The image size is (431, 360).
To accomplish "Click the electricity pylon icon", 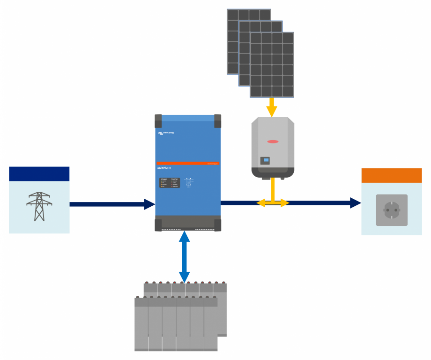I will click(39, 207).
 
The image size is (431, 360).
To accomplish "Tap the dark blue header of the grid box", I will click(39, 174).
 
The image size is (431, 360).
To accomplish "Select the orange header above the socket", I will click(391, 175).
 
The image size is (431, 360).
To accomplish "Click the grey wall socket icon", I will click(391, 210).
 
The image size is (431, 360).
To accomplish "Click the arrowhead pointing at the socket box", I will click(356, 203).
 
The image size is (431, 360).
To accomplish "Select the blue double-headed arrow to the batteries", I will click(185, 257).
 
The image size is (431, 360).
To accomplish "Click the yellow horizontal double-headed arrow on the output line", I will click(273, 203).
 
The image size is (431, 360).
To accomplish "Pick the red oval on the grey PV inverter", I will click(273, 141).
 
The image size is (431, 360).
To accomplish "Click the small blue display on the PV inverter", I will click(266, 160).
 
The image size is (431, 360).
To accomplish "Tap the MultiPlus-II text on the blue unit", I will click(164, 167).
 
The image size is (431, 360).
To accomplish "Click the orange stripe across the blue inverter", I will click(187, 163).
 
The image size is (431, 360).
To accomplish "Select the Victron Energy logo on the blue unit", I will click(166, 134).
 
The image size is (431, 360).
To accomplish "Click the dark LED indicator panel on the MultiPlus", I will click(169, 183).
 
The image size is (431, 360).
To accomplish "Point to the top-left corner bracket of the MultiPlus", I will click(158, 121).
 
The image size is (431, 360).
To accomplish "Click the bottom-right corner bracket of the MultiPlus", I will click(217, 225).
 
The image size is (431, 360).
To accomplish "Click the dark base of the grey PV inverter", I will click(273, 172).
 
